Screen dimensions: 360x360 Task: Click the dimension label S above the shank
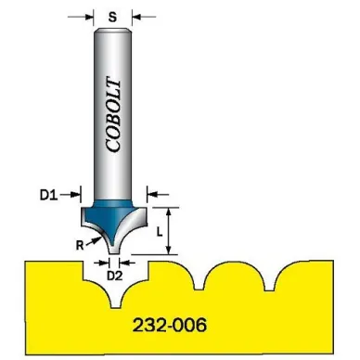point(113,17)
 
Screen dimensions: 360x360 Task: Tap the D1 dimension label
point(49,195)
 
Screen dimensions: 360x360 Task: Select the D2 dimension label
point(114,276)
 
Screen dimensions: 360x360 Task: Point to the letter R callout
point(80,246)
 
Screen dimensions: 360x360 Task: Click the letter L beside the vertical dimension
point(159,232)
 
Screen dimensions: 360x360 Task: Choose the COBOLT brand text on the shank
point(112,116)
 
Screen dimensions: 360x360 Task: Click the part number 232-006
point(170,325)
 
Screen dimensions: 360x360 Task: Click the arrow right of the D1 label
point(71,195)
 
